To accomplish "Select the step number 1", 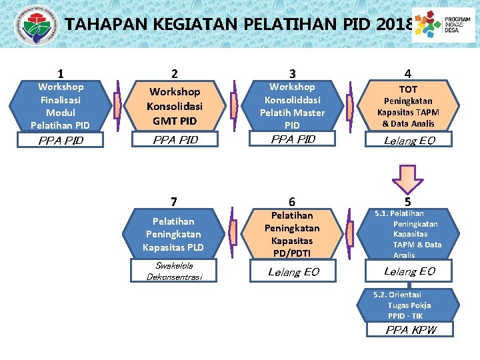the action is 61,74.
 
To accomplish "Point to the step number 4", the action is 408,74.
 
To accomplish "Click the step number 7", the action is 174,202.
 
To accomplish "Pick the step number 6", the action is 292,202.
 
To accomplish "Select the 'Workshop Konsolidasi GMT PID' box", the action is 175,105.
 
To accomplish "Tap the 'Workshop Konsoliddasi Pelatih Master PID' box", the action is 292,105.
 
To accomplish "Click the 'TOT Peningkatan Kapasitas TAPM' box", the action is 408,105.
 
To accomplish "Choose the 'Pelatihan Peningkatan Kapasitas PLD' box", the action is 173,234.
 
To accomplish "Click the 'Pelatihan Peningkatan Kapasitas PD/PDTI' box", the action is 292,234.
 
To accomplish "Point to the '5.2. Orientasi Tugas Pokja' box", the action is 408,305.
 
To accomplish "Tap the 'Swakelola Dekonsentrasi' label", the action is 174,271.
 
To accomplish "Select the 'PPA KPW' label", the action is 409,329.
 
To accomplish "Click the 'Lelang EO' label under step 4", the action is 409,140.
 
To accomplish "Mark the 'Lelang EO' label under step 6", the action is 293,271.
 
